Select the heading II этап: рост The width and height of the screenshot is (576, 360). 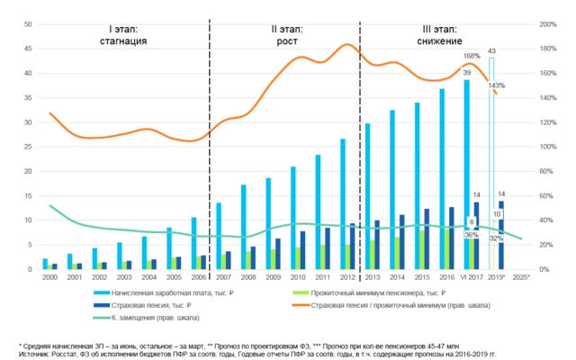point(287,35)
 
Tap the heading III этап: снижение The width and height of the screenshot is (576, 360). point(439,35)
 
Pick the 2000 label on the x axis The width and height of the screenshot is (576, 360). point(45,277)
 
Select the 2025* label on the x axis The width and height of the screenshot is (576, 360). point(521,277)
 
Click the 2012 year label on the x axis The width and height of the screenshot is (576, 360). point(345,277)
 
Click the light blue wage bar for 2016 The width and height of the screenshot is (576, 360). point(442,179)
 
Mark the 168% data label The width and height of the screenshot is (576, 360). point(472,56)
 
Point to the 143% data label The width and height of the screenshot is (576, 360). point(496,85)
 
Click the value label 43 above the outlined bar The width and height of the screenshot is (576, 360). point(491,50)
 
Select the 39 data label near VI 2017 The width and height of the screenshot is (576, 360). point(466,72)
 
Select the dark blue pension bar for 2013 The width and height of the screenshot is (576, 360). point(376,245)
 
